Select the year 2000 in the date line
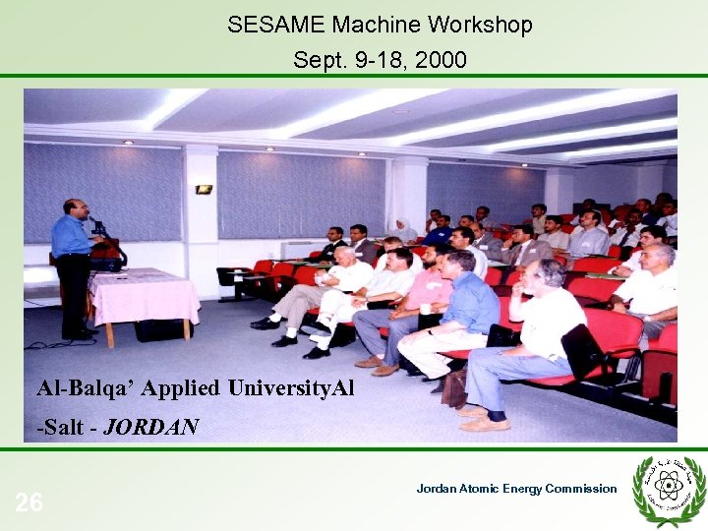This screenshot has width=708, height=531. point(441,61)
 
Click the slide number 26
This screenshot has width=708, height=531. point(29,503)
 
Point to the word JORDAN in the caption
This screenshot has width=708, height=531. point(151,427)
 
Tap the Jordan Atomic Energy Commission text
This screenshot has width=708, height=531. point(516,489)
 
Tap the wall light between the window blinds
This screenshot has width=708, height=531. point(204,189)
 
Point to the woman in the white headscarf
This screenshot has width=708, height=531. point(404,230)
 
